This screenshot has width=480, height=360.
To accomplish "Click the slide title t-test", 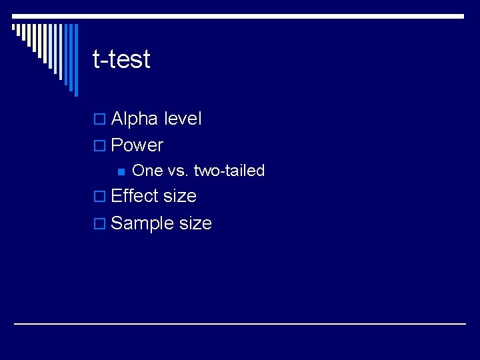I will pyautogui.click(x=121, y=59).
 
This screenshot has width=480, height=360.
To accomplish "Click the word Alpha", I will pyautogui.click(x=134, y=119).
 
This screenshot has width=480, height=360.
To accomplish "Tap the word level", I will pyautogui.click(x=182, y=119).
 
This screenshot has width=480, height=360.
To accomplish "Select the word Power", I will pyautogui.click(x=137, y=145).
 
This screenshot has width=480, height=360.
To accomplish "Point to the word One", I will pyautogui.click(x=147, y=171).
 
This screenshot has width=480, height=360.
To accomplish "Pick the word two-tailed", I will pyautogui.click(x=229, y=171).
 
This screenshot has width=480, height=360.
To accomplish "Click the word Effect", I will pyautogui.click(x=135, y=196).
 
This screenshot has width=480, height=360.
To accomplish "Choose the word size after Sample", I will pyautogui.click(x=195, y=223).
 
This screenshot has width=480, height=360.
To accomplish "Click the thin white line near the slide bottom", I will pyautogui.click(x=240, y=323).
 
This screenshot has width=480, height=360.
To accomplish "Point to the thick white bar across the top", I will pyautogui.click(x=267, y=15).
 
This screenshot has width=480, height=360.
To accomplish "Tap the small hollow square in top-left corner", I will pyautogui.click(x=14, y=28).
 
